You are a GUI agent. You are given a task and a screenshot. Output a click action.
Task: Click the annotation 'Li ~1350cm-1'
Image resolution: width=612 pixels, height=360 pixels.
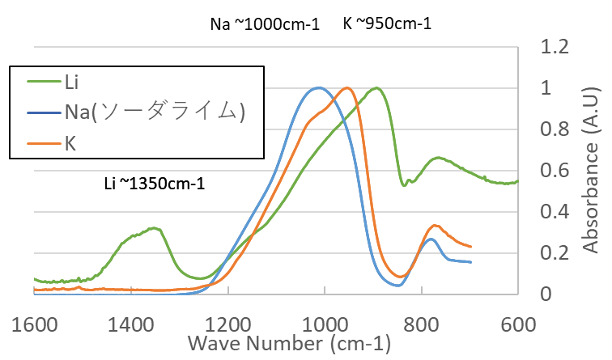(155, 184)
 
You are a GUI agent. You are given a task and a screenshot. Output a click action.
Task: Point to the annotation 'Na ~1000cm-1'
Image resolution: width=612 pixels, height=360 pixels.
(262, 23)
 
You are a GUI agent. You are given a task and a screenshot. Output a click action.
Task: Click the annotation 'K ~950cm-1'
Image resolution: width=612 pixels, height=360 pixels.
(387, 23)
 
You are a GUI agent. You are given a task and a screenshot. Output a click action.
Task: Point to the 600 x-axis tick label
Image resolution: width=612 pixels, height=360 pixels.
(516, 326)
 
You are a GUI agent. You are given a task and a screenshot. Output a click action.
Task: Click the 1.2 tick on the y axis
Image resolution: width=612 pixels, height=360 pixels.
(556, 47)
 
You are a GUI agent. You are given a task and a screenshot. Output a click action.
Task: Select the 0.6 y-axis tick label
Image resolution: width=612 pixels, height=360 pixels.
(556, 171)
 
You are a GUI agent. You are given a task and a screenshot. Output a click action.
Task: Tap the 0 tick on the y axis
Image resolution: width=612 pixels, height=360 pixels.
(546, 294)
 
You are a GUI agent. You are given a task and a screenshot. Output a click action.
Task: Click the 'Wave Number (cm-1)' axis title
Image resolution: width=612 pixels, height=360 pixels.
(289, 345)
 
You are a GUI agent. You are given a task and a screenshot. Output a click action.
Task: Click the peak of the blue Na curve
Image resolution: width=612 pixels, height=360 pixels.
(319, 87)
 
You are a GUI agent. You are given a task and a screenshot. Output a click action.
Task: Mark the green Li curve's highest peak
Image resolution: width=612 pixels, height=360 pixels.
(376, 88)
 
